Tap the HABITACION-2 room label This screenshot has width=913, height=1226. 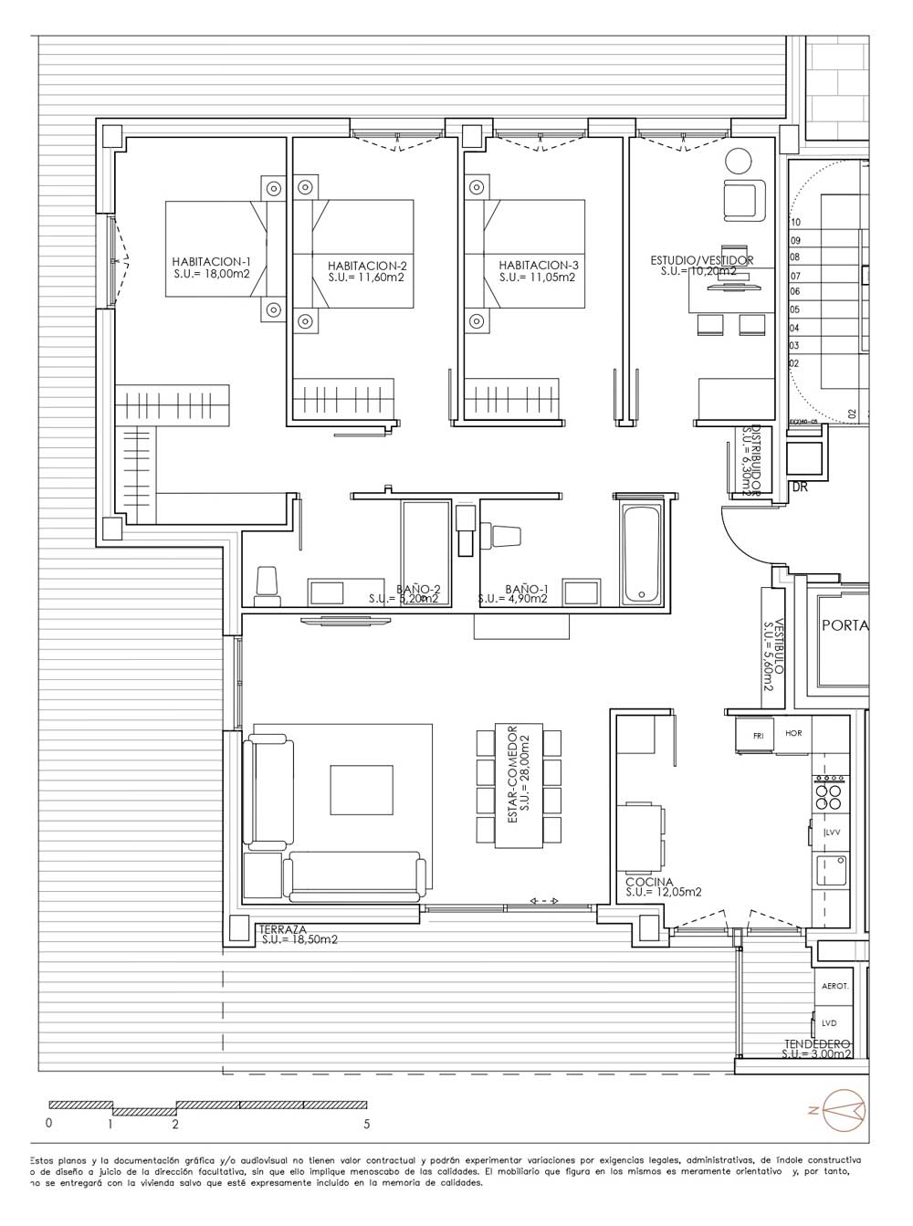coord(366,266)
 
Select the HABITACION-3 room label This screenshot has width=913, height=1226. coord(538,266)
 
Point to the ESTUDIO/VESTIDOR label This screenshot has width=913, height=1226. coord(701,261)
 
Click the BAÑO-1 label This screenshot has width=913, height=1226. coord(513,589)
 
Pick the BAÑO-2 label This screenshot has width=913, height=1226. coord(419,589)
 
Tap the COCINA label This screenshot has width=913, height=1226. coord(649,883)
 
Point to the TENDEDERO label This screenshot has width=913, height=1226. coord(817,1043)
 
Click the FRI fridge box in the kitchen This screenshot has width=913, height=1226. coord(756,735)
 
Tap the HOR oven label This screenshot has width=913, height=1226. coord(793,733)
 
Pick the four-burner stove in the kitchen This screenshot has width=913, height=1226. coord(828,792)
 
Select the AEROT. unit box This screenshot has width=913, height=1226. coord(834,987)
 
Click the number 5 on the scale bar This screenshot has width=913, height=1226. coord(366,1125)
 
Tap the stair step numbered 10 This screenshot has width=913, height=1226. coord(794,222)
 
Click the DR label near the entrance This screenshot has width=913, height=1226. coord(800,487)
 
